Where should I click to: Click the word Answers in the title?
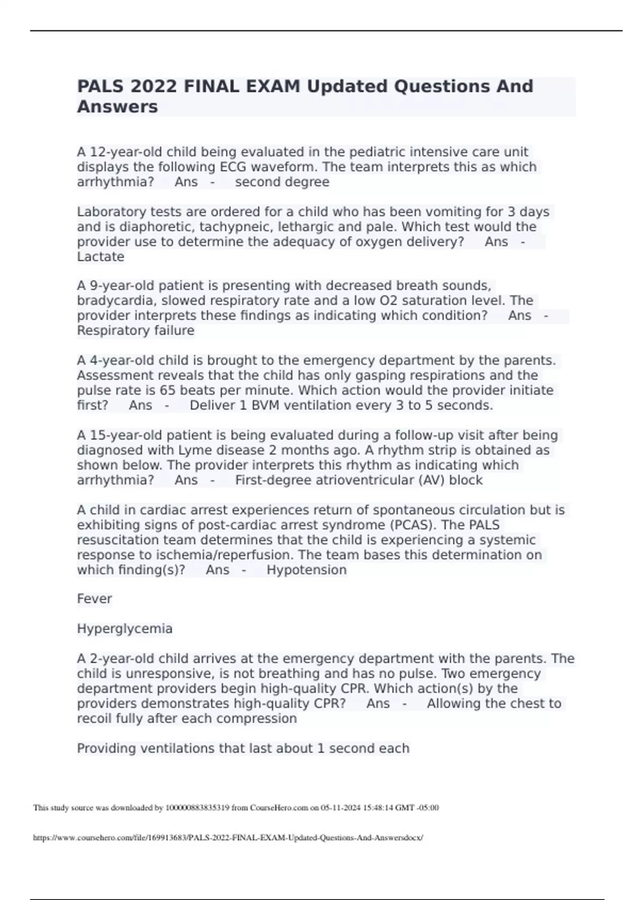click(x=117, y=106)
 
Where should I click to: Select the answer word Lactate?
click(x=101, y=257)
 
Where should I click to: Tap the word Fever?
click(x=94, y=599)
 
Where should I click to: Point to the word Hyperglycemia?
click(x=124, y=629)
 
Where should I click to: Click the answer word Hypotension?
click(x=306, y=570)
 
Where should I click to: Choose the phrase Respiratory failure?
click(x=135, y=331)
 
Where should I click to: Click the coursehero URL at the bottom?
click(x=228, y=838)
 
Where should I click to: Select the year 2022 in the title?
click(x=154, y=86)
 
